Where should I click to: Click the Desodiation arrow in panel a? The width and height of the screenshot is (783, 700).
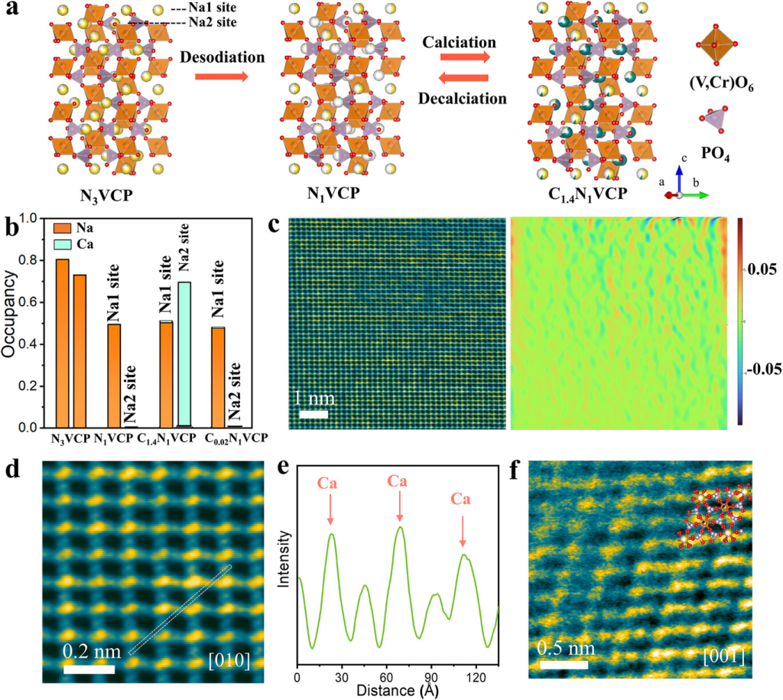[x=222, y=77]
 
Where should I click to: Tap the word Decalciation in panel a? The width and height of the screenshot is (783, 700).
[x=462, y=98]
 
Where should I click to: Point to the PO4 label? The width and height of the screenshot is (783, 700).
[x=715, y=158]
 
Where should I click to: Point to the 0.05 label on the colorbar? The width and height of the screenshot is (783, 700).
[x=761, y=269]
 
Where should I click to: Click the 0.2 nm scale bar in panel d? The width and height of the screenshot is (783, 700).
[x=89, y=669]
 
